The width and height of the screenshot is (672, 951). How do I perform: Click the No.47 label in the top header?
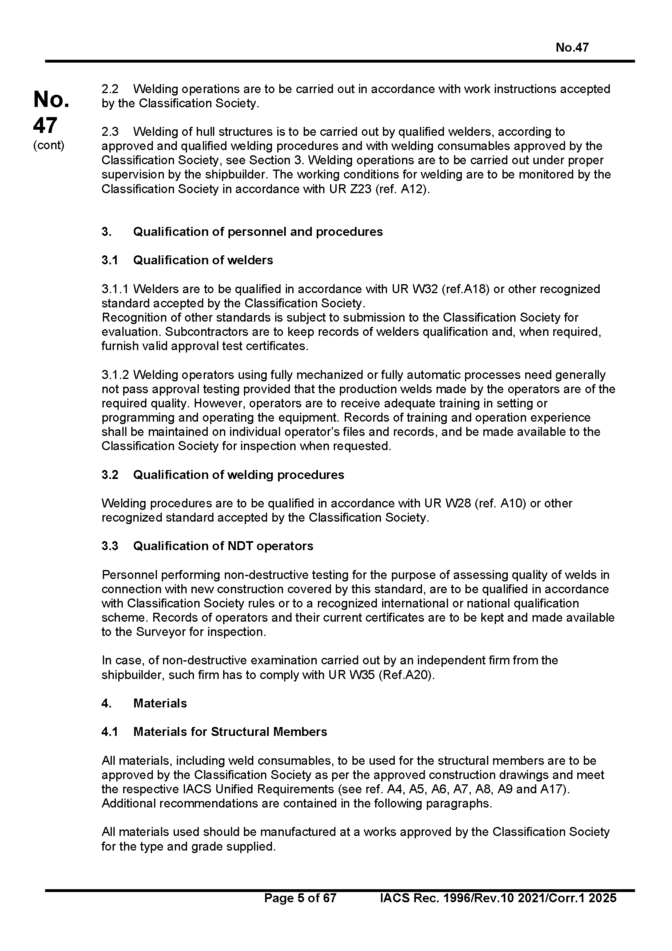(572, 48)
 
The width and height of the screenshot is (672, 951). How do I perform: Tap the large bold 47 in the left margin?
(45, 126)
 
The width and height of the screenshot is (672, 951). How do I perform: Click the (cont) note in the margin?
(48, 146)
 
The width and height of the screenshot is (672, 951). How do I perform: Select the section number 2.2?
(110, 89)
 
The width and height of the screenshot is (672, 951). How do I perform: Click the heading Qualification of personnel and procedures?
(257, 231)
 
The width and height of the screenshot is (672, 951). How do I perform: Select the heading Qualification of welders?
(203, 260)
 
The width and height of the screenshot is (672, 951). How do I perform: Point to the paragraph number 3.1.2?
(115, 375)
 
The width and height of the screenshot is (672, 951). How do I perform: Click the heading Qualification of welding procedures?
(239, 474)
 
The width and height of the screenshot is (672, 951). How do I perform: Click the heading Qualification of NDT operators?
(223, 546)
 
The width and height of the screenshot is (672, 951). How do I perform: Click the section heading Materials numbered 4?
(160, 703)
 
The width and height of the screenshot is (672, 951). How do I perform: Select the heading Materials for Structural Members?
(230, 732)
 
